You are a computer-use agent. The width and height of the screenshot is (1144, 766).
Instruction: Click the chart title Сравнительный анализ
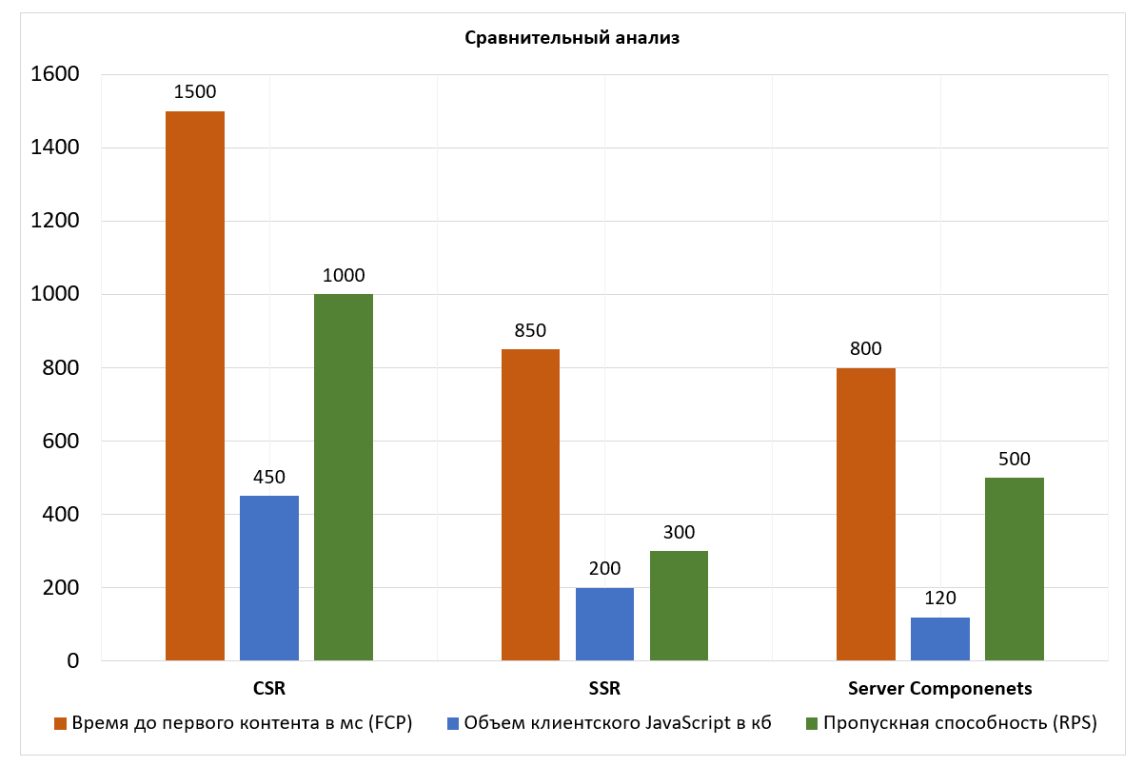click(x=572, y=39)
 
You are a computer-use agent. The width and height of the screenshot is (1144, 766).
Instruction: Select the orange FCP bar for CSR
click(x=195, y=385)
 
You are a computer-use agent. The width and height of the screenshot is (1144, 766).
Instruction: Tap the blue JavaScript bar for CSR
click(x=269, y=578)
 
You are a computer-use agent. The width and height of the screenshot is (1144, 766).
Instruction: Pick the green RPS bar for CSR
click(x=344, y=477)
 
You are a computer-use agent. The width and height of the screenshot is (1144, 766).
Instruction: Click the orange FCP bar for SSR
click(x=530, y=504)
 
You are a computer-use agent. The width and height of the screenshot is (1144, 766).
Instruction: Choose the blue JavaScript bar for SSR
click(x=604, y=624)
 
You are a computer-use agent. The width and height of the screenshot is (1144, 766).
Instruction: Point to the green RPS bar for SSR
click(x=679, y=605)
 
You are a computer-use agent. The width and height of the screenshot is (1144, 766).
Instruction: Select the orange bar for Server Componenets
click(x=866, y=514)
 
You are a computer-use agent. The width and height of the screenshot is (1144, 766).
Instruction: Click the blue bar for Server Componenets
click(x=940, y=638)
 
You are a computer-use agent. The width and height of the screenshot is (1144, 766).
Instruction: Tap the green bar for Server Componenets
click(x=1015, y=569)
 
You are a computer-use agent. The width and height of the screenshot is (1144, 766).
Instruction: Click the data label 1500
click(x=195, y=92)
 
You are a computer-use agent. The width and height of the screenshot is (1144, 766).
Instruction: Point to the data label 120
click(x=940, y=599)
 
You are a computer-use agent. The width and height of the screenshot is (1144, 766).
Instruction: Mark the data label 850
click(x=530, y=331)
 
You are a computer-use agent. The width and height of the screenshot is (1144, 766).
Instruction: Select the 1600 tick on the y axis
click(x=54, y=74)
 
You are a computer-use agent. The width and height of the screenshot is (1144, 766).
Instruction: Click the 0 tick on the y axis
click(x=72, y=660)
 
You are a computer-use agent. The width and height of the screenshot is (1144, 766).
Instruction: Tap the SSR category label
click(x=604, y=688)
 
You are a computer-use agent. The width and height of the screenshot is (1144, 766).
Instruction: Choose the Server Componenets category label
click(x=940, y=688)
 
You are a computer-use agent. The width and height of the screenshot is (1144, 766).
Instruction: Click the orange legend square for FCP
click(x=61, y=723)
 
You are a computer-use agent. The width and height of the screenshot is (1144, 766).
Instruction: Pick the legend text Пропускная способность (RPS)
click(x=960, y=723)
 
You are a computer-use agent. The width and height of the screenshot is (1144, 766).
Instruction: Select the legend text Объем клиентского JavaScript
click(x=618, y=723)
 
